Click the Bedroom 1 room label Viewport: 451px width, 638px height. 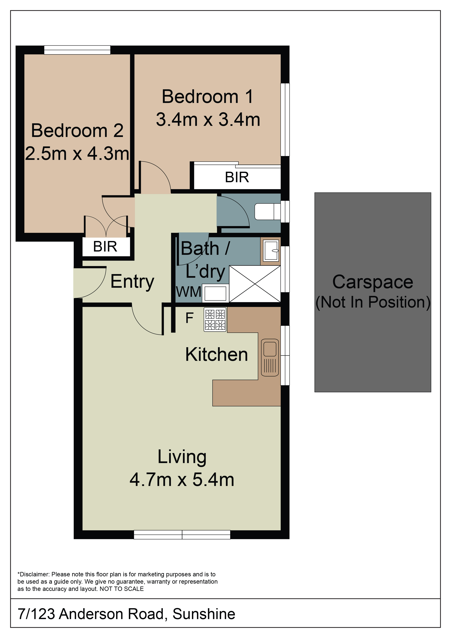(207, 97)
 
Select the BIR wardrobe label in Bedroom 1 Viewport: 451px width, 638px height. (237, 177)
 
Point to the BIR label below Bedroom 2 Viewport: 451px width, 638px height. (105, 246)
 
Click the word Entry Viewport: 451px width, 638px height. (132, 282)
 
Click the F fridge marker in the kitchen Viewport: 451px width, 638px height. (189, 318)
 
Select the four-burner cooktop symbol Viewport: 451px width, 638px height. (215, 320)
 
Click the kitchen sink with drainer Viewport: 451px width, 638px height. (270, 358)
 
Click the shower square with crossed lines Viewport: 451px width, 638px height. (255, 284)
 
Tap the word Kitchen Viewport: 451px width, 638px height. (216, 355)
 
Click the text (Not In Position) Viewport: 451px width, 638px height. (373, 302)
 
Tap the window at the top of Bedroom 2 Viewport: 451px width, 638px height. (77, 50)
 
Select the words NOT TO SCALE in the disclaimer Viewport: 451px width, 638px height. (122, 589)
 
